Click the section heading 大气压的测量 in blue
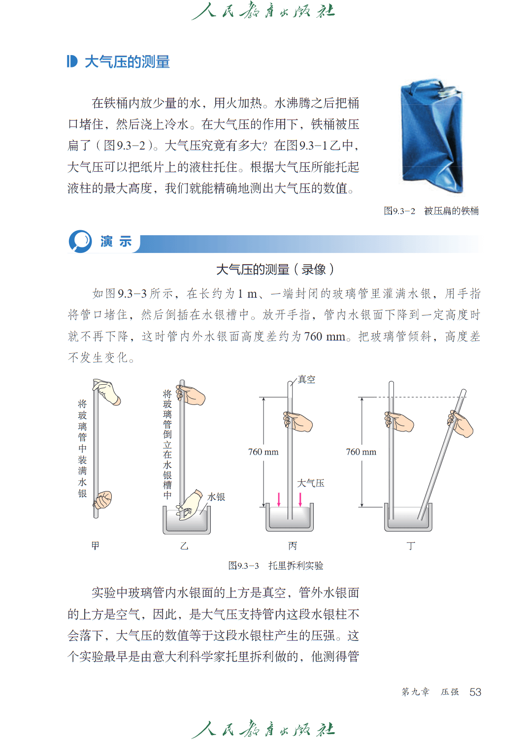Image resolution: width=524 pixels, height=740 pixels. click(127, 62)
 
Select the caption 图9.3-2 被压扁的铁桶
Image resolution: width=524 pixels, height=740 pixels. click(431, 211)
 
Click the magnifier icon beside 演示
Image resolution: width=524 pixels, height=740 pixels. click(80, 242)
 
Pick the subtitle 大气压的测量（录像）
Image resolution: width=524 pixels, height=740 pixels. click(275, 270)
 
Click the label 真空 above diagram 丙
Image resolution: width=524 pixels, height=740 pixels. click(306, 379)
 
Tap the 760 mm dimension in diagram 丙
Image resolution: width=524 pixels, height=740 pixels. click(263, 452)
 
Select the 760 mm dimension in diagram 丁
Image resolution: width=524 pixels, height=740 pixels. click(361, 452)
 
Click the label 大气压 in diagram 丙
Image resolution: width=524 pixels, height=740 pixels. click(310, 483)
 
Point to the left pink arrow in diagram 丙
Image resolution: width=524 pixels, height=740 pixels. click(279, 499)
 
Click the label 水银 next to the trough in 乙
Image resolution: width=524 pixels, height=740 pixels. click(216, 497)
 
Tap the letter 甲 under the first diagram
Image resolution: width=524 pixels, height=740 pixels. click(95, 546)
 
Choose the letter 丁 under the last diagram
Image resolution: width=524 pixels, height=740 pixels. click(411, 546)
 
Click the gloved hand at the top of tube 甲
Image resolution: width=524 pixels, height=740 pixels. click(106, 392)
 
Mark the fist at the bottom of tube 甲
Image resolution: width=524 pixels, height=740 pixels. click(102, 500)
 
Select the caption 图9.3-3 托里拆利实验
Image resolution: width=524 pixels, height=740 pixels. click(275, 566)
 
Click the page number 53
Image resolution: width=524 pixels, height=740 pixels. click(475, 692)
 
